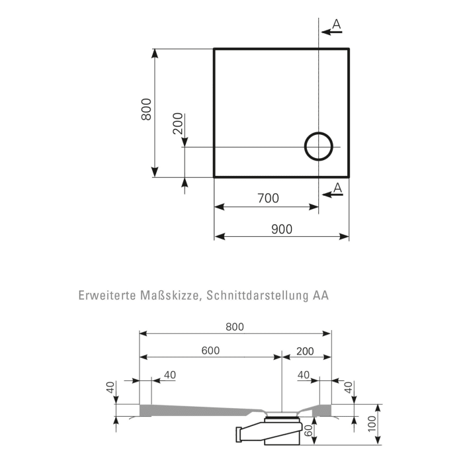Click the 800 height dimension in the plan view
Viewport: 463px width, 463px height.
(147, 110)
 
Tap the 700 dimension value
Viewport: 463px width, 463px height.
(268, 198)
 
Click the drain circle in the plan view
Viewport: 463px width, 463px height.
(318, 147)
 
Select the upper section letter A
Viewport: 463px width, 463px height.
(336, 24)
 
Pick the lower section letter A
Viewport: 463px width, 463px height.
(337, 188)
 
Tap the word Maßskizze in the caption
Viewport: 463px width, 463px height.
(169, 296)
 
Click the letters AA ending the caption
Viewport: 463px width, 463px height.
(321, 296)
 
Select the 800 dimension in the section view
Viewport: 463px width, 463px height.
(235, 327)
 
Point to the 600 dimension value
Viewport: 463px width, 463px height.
(211, 351)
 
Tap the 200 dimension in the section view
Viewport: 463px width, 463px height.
(305, 351)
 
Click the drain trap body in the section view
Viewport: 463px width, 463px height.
(271, 433)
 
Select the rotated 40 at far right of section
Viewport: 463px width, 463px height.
(349, 388)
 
